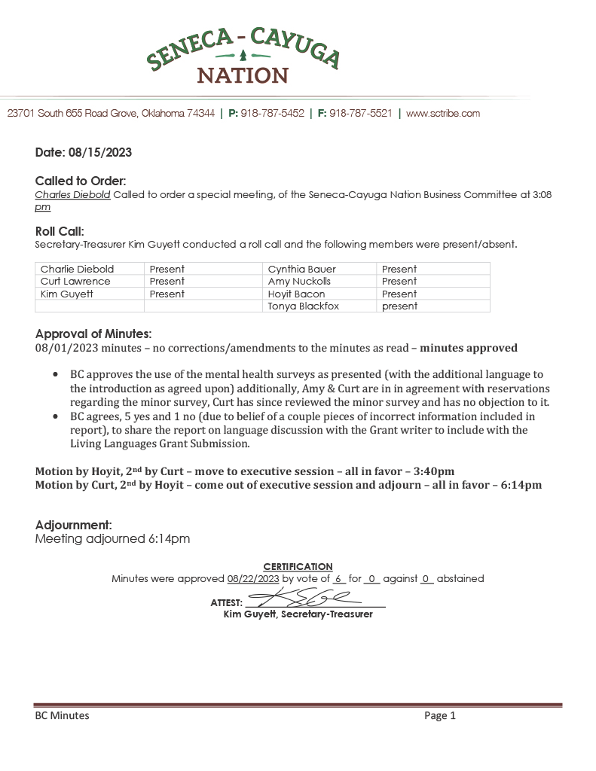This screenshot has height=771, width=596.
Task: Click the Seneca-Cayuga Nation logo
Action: [x=243, y=55]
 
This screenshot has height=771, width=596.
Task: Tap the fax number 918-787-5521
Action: [x=360, y=114]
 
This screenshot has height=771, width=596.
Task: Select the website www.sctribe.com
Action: [x=443, y=114]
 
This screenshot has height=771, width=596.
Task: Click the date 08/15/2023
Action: [x=103, y=153]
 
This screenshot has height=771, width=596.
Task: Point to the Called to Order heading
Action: [x=81, y=181]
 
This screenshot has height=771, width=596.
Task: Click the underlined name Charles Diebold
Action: [x=73, y=194]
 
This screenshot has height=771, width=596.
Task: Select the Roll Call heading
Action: [x=60, y=231]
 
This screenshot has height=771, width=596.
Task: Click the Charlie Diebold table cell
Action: [x=77, y=269]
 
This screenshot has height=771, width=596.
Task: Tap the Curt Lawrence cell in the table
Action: [x=75, y=282]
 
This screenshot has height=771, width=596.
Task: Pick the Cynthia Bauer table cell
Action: [x=302, y=269]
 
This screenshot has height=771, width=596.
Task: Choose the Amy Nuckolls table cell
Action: [x=300, y=282]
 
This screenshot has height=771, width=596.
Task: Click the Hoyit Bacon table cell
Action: [x=297, y=294]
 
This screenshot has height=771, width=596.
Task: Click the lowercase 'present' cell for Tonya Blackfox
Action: [x=399, y=306]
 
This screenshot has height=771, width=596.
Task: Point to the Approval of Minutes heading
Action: [x=93, y=334]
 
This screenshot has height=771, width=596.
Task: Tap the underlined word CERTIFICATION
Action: [x=298, y=566]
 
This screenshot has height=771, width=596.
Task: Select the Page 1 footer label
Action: [x=440, y=716]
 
